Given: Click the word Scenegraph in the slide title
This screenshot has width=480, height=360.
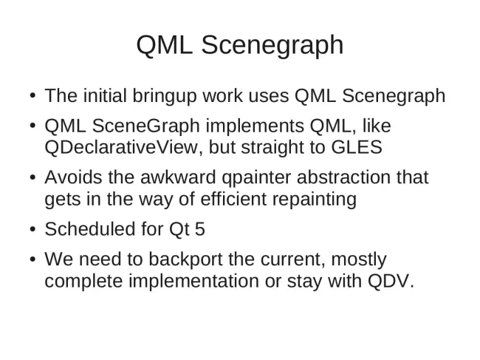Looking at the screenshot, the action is pyautogui.click(x=272, y=46).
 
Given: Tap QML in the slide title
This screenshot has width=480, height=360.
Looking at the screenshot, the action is pyautogui.click(x=165, y=45).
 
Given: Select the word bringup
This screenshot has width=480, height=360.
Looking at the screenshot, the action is pyautogui.click(x=165, y=96).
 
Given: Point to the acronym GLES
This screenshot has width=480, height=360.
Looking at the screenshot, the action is pyautogui.click(x=357, y=147).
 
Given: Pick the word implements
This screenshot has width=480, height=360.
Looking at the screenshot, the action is pyautogui.click(x=255, y=126).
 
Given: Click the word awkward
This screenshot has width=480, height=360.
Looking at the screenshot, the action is pyautogui.click(x=178, y=177).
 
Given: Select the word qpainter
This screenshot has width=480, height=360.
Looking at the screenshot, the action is pyautogui.click(x=256, y=178).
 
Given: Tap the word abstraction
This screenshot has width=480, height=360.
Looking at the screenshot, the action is pyautogui.click(x=343, y=177).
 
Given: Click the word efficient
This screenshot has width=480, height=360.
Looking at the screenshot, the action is pyautogui.click(x=233, y=199).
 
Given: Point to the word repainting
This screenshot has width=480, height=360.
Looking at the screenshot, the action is pyautogui.click(x=314, y=200).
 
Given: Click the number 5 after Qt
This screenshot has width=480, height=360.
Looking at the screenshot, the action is pyautogui.click(x=200, y=229).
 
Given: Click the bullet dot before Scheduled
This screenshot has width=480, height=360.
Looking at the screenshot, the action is pyautogui.click(x=33, y=229).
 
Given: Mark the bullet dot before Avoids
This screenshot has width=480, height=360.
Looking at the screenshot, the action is pyautogui.click(x=33, y=177).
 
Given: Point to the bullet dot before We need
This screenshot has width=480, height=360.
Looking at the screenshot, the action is pyautogui.click(x=33, y=259).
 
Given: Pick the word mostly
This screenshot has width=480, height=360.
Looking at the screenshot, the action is pyautogui.click(x=359, y=259).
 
